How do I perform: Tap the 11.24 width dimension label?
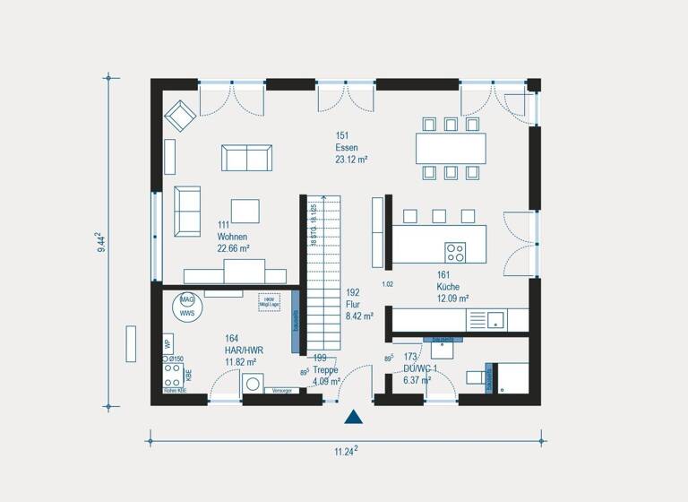point(345,450)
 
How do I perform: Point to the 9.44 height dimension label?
point(103,242)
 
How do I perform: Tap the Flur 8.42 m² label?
point(358,304)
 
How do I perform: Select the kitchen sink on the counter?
point(494,318)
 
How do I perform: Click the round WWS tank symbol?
point(187,306)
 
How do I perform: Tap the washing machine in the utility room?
point(254,385)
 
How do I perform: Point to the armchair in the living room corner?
point(180,116)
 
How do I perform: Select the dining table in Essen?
point(451,147)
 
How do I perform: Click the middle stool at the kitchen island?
point(439,215)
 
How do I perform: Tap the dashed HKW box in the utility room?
point(269,302)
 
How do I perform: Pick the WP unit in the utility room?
point(168,343)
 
